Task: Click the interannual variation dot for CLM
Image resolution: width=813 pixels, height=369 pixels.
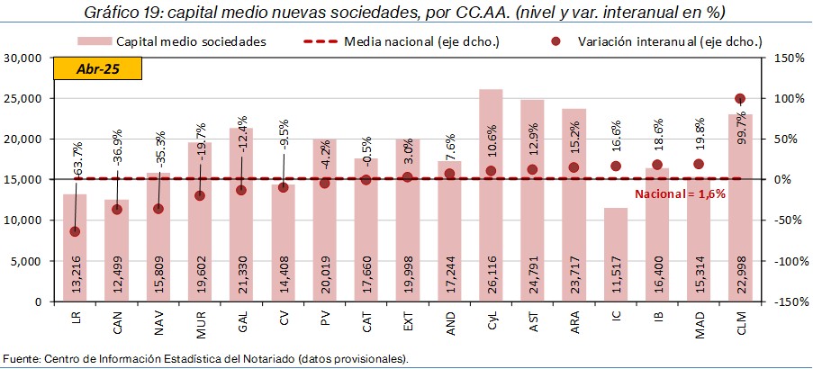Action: click(740, 99)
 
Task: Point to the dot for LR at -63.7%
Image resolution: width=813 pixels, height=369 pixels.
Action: click(75, 231)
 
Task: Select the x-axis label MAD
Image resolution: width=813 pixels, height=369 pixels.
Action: click(700, 320)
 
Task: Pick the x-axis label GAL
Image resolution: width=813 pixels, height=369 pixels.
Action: click(242, 320)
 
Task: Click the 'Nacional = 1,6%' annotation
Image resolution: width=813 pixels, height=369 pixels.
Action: click(681, 194)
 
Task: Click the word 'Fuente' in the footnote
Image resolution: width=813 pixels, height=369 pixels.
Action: click(21, 359)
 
